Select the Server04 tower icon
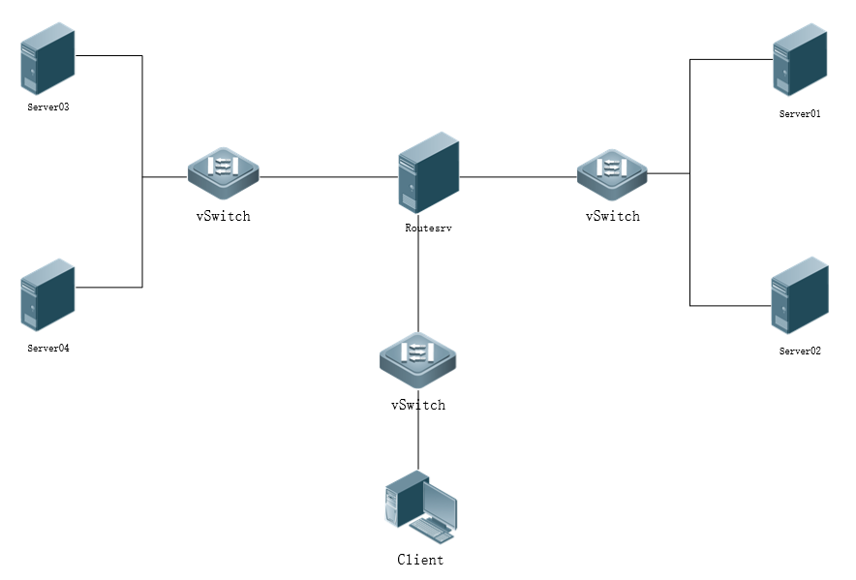pyautogui.click(x=48, y=295)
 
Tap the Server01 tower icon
pyautogui.click(x=800, y=60)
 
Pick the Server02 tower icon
pyautogui.click(x=800, y=295)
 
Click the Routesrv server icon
pyautogui.click(x=428, y=172)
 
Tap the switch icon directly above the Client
pyautogui.click(x=417, y=357)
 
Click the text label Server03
pyautogui.click(x=48, y=107)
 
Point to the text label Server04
pyautogui.click(x=48, y=348)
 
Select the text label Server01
pyautogui.click(x=800, y=113)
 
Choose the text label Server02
pyautogui.click(x=800, y=351)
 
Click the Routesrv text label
pyautogui.click(x=428, y=229)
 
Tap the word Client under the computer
pyautogui.click(x=420, y=560)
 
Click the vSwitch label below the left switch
pyautogui.click(x=224, y=216)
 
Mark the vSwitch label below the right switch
pyautogui.click(x=612, y=216)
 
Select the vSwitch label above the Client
pyautogui.click(x=418, y=405)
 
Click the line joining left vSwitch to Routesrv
pyautogui.click(x=329, y=177)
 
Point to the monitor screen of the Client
pyautogui.click(x=440, y=504)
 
